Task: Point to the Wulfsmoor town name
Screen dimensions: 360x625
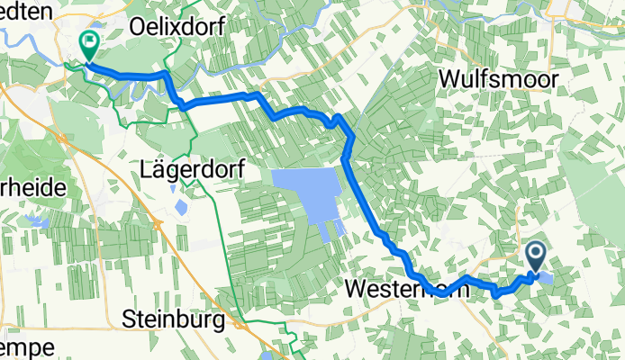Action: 498,80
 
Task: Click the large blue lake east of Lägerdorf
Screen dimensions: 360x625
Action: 306,193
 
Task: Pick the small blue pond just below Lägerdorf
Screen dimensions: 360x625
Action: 180,208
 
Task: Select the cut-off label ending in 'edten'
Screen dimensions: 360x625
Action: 27,8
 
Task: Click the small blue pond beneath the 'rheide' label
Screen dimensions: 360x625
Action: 38,220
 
